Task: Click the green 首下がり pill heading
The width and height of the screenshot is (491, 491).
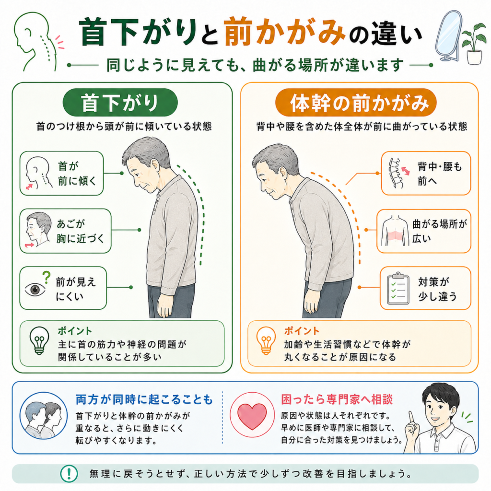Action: point(120,103)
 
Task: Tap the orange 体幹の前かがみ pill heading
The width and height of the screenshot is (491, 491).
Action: point(356,103)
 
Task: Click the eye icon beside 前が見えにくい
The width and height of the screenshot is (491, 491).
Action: point(35,289)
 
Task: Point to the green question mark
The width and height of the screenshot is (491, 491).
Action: point(47,277)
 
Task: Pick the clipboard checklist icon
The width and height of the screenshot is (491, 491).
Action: point(398,288)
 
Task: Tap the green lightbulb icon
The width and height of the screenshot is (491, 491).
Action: point(39,340)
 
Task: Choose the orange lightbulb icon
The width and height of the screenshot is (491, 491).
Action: point(266,340)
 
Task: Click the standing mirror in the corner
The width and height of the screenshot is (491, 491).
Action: point(448,36)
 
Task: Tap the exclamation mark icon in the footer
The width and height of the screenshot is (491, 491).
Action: point(69,473)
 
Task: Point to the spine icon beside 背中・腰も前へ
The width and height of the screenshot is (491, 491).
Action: point(396,173)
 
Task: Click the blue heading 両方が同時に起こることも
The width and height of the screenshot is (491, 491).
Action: point(144,399)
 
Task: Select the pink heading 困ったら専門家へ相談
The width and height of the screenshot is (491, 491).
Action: point(337,399)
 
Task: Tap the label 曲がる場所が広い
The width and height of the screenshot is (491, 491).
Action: point(439,231)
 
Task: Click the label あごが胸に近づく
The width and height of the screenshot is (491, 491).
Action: point(80,231)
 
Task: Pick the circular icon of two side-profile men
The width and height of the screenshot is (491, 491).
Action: point(44,416)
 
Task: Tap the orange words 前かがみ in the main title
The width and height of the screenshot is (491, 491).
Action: point(285,32)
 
